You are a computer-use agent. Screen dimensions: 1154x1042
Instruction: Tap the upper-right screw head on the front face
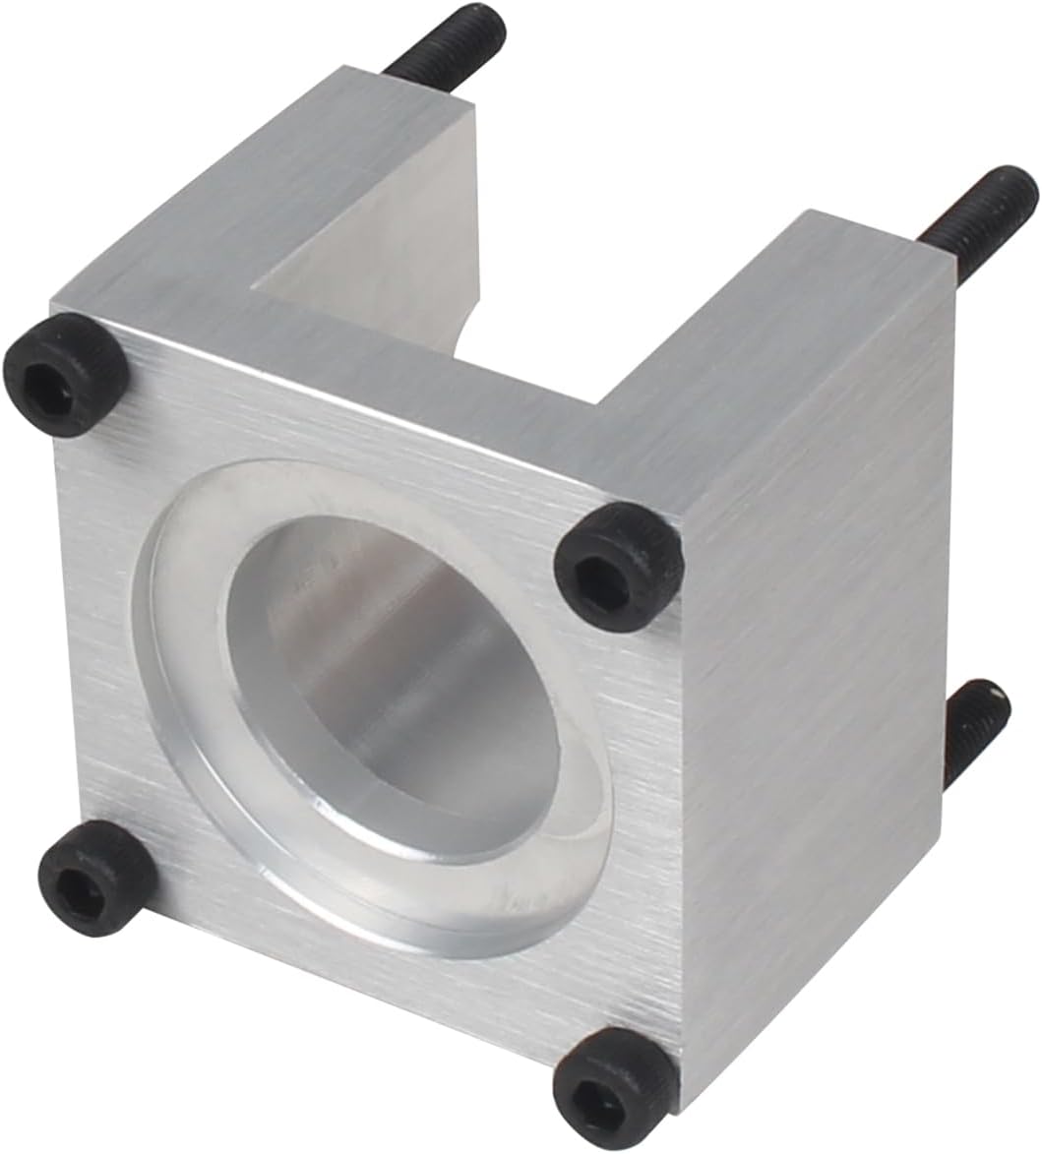click(x=619, y=564)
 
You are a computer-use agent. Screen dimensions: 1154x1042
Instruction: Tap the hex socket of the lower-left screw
click(x=86, y=881)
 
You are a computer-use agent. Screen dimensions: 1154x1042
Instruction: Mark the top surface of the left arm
click(x=266, y=187)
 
